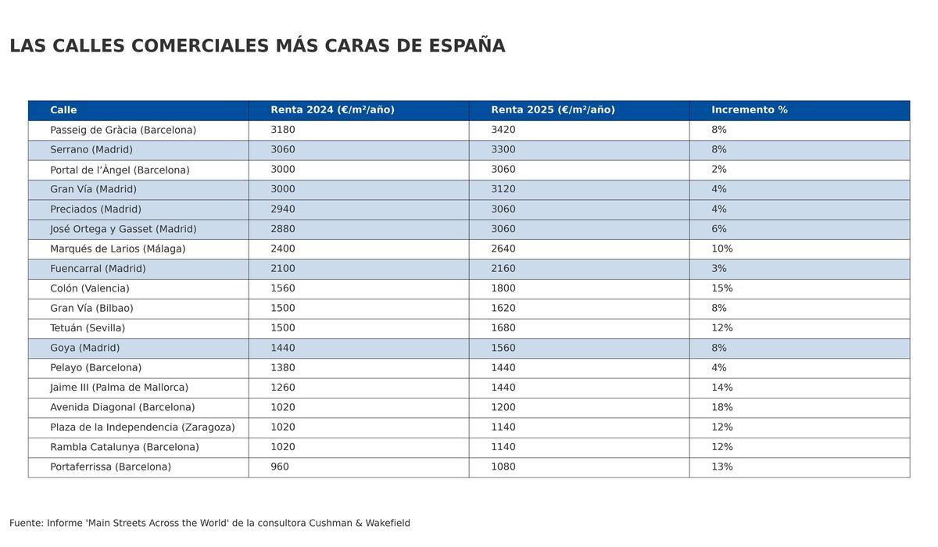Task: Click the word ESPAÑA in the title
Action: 467,46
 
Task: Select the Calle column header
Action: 63,110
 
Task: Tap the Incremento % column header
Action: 749,110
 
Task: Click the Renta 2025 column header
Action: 553,110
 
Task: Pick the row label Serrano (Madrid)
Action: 91,150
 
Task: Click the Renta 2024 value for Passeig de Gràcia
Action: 283,130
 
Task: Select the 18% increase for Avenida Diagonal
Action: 721,407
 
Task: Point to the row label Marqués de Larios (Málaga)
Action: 117,248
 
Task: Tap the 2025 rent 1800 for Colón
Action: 503,288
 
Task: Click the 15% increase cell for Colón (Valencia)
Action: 721,288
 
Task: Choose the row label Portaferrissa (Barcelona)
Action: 110,467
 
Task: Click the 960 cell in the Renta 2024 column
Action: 280,467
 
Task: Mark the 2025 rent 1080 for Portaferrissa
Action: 503,467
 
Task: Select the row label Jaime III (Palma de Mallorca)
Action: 119,388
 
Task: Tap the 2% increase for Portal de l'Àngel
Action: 718,170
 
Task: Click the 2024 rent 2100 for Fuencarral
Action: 283,269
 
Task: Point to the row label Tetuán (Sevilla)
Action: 88,328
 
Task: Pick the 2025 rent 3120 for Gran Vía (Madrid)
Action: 503,189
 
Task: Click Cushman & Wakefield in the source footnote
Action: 359,523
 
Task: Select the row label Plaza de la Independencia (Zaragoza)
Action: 142,427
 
